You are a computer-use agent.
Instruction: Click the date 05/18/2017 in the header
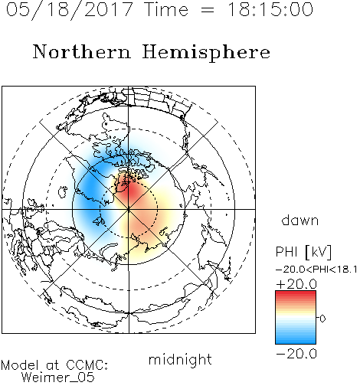coord(70,10)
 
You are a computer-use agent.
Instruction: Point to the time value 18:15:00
coord(270,9)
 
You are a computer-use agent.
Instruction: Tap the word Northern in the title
coord(82,51)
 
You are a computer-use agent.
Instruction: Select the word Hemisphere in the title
coord(206,53)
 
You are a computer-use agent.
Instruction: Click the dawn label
coord(300,220)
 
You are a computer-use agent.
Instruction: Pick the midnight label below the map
coord(180,359)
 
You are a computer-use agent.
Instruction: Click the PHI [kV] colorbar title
coord(303,252)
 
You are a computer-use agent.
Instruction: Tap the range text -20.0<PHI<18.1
coord(316,270)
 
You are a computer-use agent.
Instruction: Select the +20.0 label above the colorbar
coord(296,284)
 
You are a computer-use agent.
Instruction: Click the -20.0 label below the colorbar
coord(296,354)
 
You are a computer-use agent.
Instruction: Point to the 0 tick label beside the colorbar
coord(322,319)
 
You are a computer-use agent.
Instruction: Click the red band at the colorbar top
coord(296,294)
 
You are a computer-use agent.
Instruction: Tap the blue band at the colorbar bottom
coord(296,340)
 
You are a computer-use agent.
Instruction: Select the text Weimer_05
coord(58,378)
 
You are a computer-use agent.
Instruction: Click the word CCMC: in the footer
coord(87,365)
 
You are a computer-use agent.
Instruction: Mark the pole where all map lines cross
coord(129,209)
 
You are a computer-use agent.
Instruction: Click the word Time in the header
coord(166,9)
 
